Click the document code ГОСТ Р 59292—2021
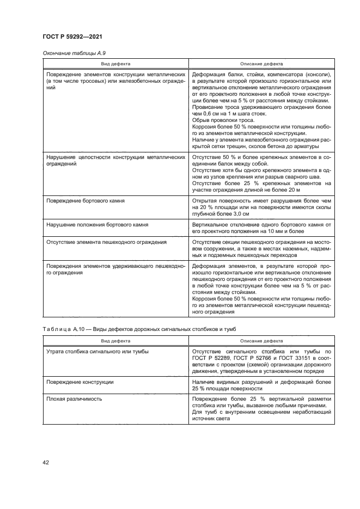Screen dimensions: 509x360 pos(72,36)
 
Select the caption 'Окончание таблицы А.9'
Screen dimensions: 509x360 pos(70,53)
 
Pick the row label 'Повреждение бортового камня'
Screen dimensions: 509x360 pos(86,201)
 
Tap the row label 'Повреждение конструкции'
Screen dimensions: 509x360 pos(80,382)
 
